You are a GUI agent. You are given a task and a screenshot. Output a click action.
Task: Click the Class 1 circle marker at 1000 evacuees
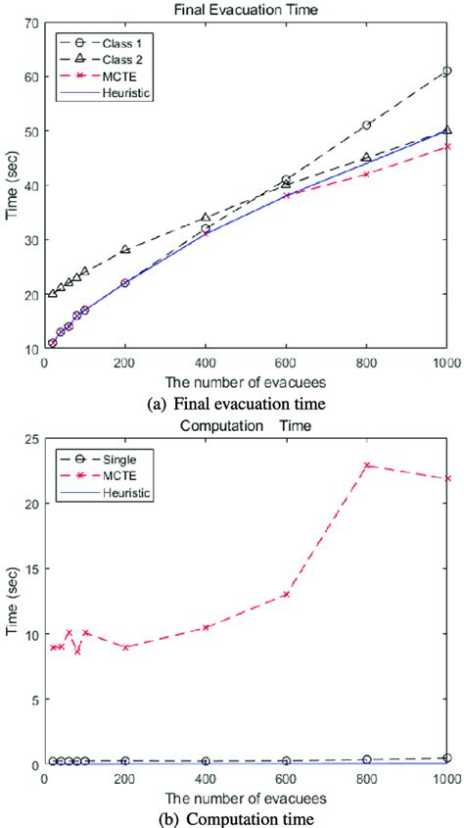click(x=446, y=71)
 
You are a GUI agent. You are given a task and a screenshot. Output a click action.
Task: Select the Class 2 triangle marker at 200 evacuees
click(x=125, y=250)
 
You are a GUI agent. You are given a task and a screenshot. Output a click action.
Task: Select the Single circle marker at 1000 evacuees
click(x=446, y=757)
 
